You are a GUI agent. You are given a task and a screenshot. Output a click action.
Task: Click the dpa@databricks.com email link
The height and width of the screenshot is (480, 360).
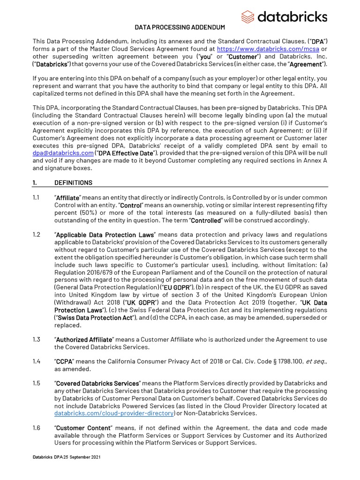(63, 153)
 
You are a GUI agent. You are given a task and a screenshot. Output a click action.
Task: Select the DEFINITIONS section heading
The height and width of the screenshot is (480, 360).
(73, 182)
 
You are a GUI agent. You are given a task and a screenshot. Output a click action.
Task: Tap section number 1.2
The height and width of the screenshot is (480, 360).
(37, 234)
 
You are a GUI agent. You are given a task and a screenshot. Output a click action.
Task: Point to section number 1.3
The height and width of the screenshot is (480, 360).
(37, 339)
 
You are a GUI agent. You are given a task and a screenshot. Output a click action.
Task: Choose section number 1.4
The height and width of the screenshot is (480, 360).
(37, 361)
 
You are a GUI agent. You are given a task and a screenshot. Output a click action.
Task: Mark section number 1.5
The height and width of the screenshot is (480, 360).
(37, 383)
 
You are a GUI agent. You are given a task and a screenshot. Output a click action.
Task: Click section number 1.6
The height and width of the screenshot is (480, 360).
(37, 428)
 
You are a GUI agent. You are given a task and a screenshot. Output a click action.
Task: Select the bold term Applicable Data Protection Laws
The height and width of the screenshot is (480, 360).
(105, 234)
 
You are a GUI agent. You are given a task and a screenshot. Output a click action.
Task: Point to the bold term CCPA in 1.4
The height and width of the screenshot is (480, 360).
(64, 361)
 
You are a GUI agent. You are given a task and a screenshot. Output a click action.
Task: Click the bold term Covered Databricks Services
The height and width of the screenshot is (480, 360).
(97, 383)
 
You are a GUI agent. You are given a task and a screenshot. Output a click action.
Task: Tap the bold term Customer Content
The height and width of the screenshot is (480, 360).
(83, 428)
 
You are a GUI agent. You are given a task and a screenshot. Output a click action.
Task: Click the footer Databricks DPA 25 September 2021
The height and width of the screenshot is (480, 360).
(66, 457)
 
